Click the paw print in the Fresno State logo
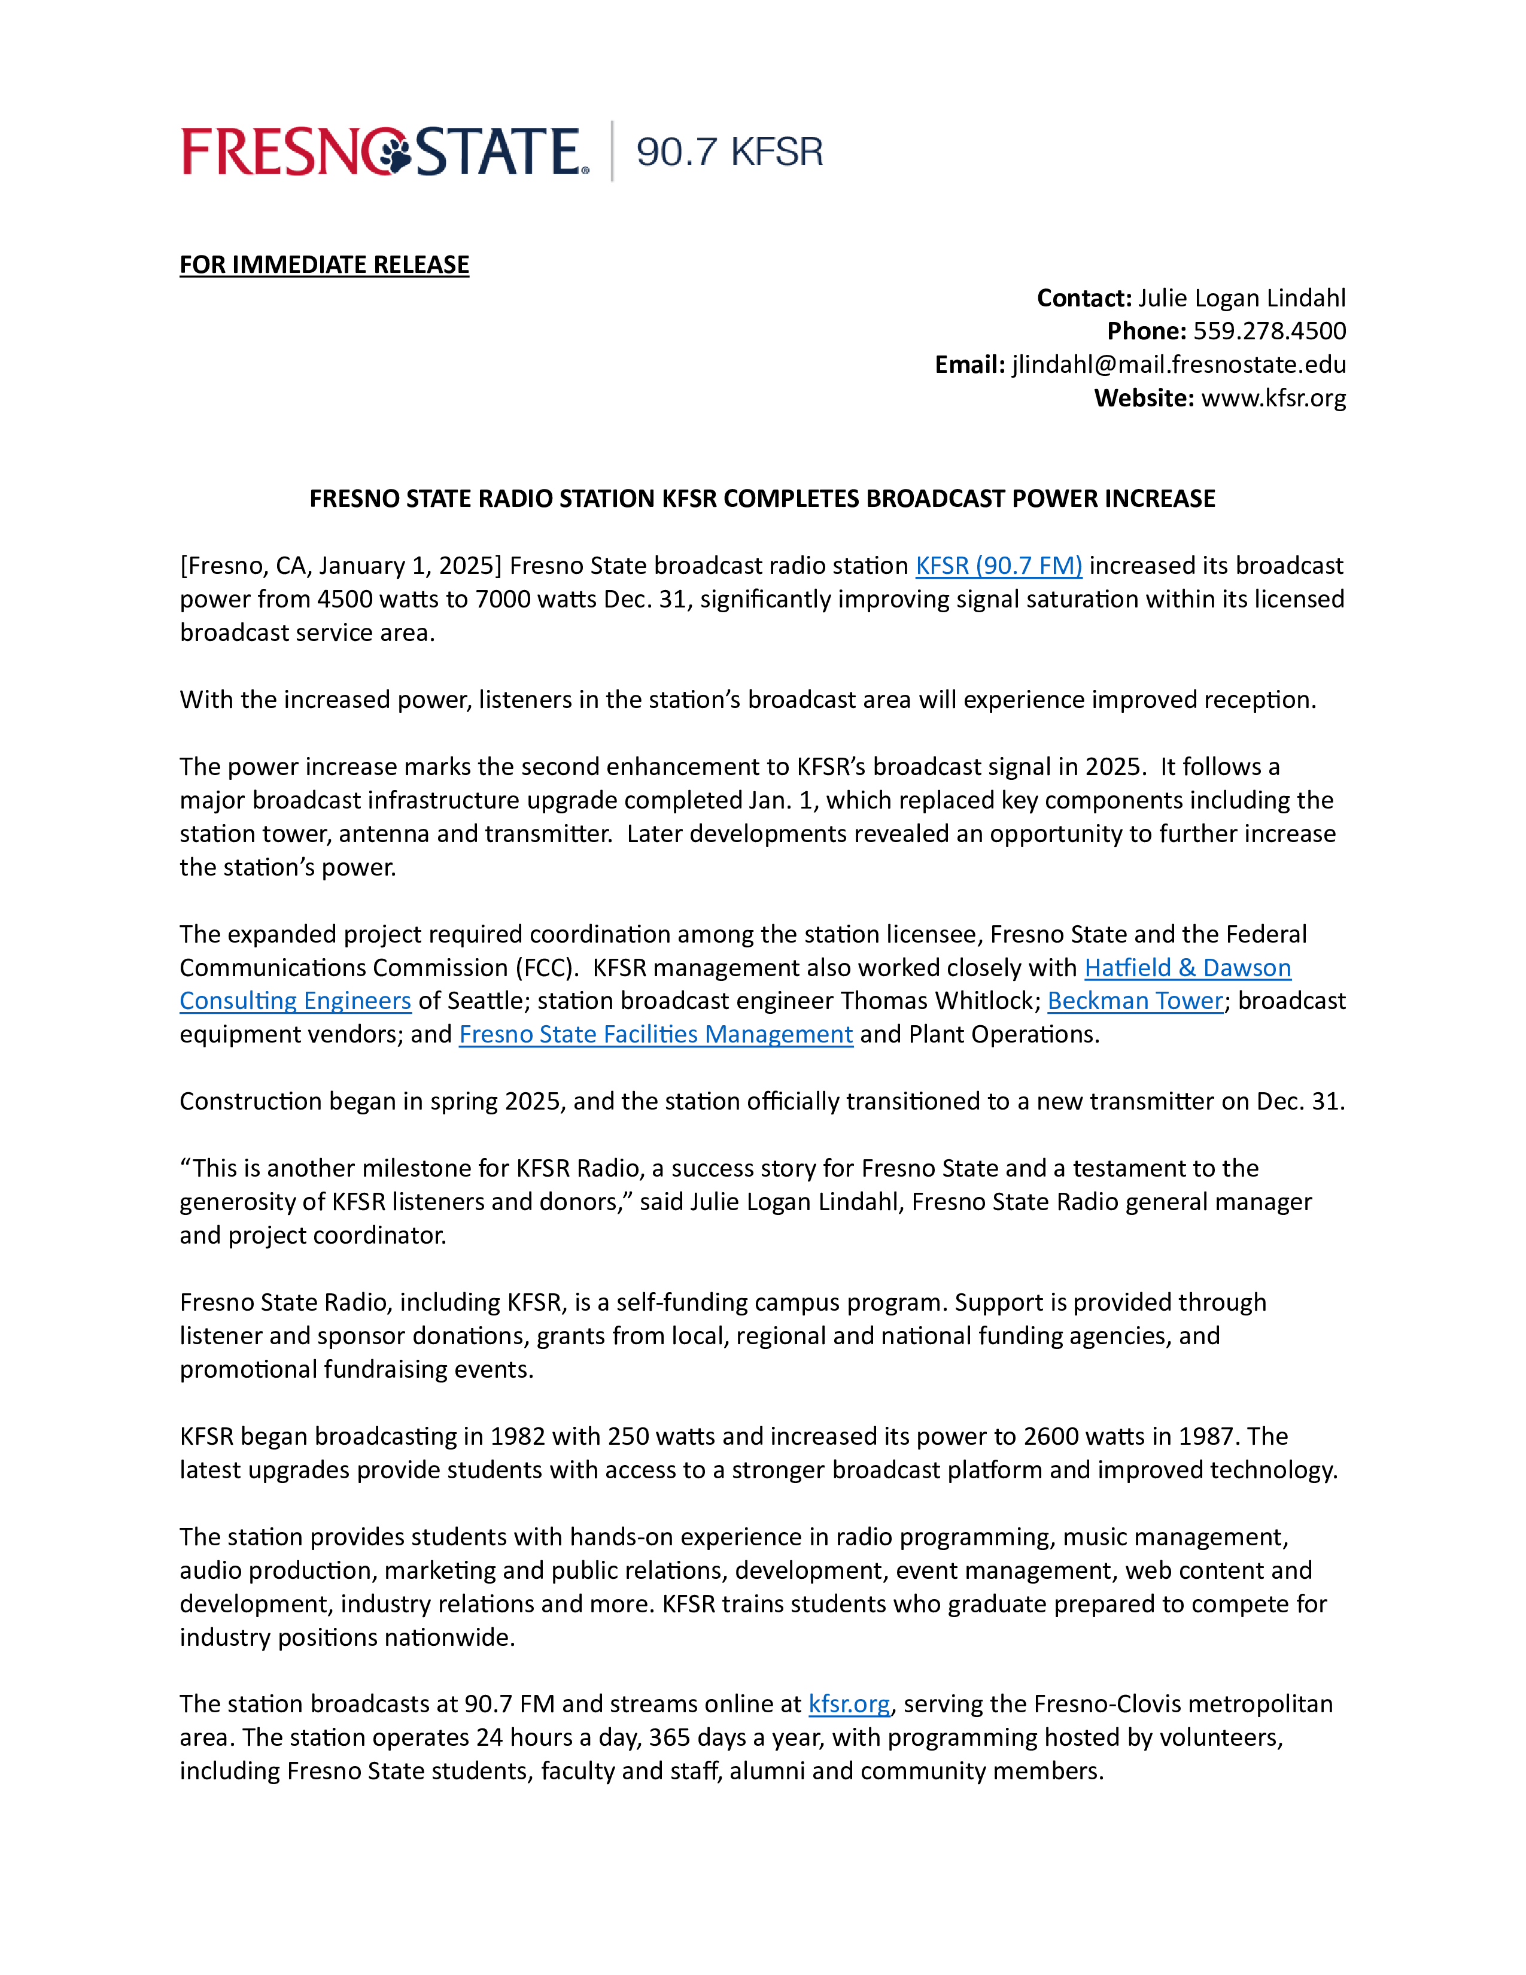click(394, 152)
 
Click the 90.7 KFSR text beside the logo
click(729, 152)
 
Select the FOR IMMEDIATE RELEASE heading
click(324, 265)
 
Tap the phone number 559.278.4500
click(1269, 331)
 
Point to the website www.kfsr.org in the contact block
click(1273, 398)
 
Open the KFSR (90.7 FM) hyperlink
click(998, 566)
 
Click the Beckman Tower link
click(1135, 1001)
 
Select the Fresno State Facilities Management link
click(655, 1035)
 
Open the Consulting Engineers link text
click(294, 1001)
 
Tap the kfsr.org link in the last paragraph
click(849, 1704)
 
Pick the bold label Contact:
click(1083, 299)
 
